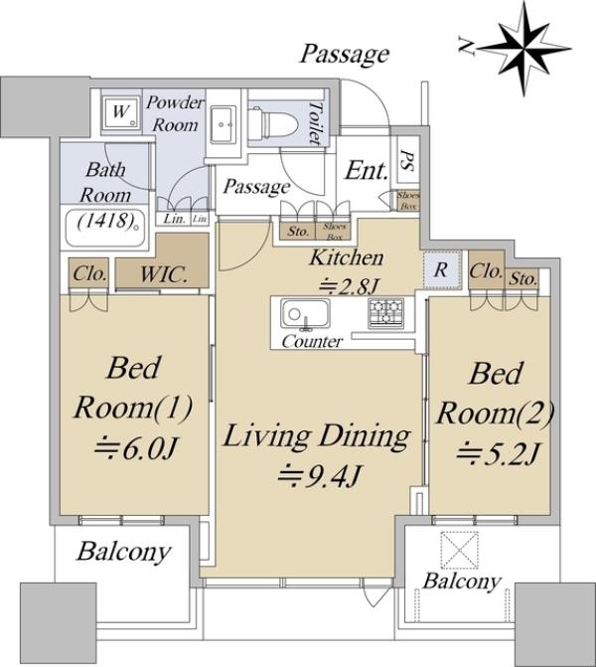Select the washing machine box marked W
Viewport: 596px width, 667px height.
click(x=120, y=112)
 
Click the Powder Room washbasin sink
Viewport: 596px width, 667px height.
click(x=223, y=123)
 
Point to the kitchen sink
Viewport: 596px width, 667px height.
click(x=305, y=314)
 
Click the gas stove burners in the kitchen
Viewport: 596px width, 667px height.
click(x=386, y=314)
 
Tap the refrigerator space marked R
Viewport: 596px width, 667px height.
click(x=442, y=270)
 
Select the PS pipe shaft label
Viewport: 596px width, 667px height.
click(x=407, y=160)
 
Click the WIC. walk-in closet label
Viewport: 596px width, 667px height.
click(x=164, y=274)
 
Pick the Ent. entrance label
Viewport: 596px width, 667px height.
click(x=367, y=170)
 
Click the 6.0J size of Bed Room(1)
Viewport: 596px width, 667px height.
click(x=135, y=449)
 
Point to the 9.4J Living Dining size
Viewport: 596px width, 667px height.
click(x=320, y=476)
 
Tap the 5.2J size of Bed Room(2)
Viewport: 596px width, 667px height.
click(x=499, y=454)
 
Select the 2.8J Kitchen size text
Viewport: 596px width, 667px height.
click(x=349, y=286)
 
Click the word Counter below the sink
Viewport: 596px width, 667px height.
click(x=313, y=341)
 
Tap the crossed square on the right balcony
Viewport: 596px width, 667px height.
click(x=459, y=550)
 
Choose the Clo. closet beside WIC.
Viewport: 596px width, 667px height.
click(x=88, y=274)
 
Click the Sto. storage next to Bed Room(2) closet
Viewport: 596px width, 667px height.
click(x=522, y=279)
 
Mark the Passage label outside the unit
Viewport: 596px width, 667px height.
click(x=345, y=55)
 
